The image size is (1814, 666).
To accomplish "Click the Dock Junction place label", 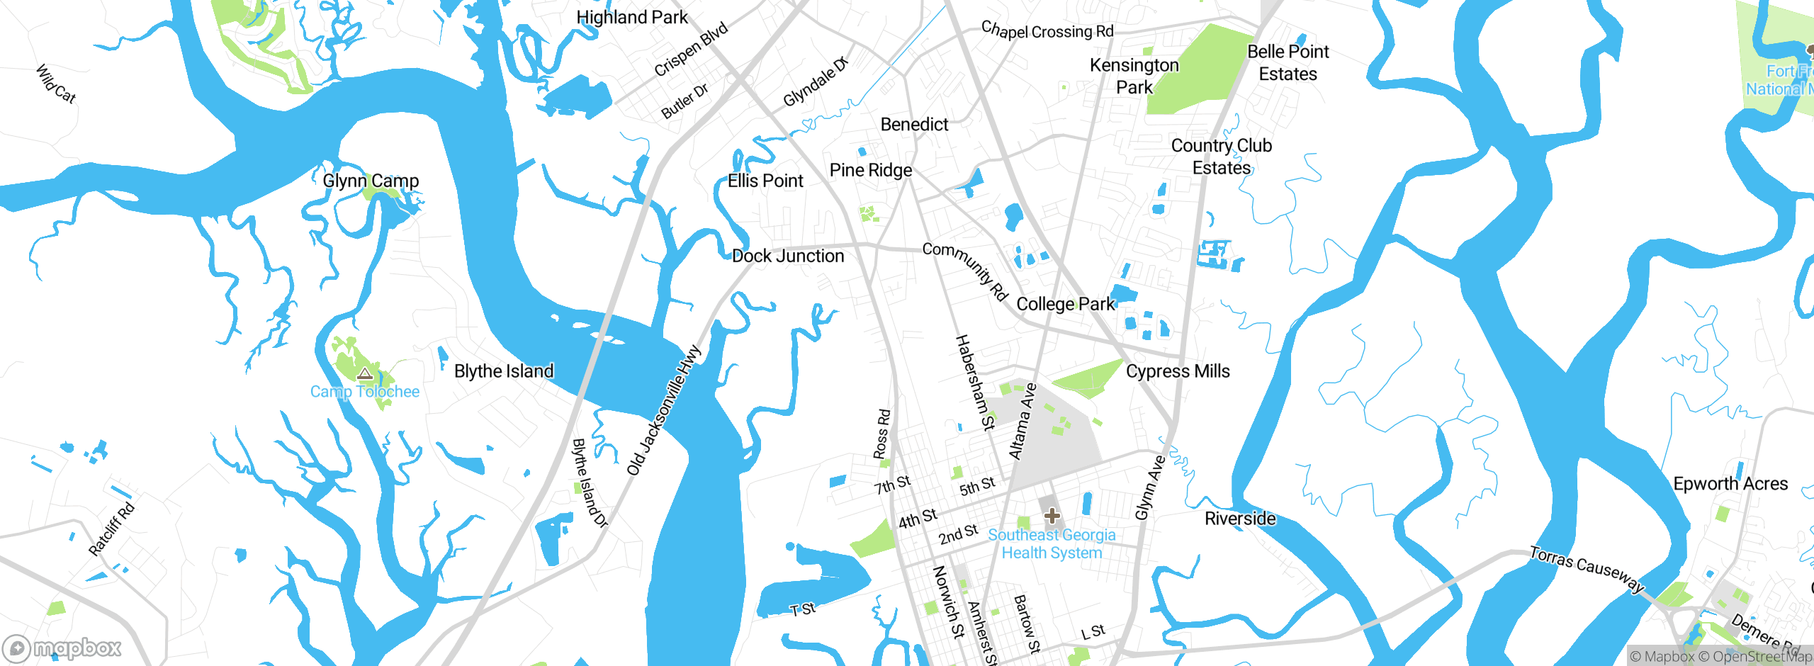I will pos(788,256).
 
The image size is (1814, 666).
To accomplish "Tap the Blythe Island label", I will pos(504,371).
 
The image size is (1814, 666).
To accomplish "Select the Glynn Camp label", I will pos(371,181).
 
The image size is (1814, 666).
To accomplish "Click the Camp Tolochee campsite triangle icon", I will pos(365,374).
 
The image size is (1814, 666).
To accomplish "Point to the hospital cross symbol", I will pos(1052,516).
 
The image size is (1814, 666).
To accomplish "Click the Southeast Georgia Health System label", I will pos(1052,544).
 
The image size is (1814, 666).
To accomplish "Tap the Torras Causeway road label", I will pos(1586,569).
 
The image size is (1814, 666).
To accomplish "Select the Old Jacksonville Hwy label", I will pos(664,410).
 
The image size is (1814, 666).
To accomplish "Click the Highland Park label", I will pos(631,18).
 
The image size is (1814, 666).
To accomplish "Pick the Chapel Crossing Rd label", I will pos(1047,30).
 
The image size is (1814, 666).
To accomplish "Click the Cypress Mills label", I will pos(1178,371).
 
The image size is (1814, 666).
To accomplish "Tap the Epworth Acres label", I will pos(1730,484).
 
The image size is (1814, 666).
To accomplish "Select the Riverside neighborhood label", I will pos(1240,519).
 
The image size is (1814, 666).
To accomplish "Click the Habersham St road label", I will pos(975,383).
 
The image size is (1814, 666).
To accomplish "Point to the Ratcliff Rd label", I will pos(111,529).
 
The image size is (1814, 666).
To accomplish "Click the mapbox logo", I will pos(62,648).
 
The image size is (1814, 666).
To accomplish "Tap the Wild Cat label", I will pos(55,84).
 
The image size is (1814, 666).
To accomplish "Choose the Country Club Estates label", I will pos(1221,157).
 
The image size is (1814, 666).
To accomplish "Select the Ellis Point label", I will pos(765,181).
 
